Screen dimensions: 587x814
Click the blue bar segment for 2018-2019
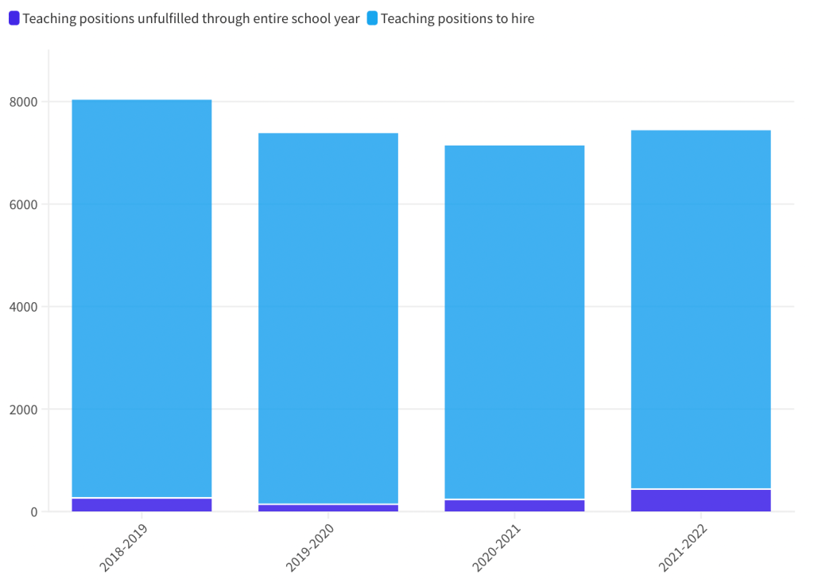click(141, 298)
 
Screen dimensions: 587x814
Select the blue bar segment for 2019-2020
click(328, 318)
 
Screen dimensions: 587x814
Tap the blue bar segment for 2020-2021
click(514, 322)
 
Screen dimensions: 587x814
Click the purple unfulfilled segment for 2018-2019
click(141, 505)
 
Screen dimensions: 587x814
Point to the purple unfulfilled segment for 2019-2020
click(328, 508)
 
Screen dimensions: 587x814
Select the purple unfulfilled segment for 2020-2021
click(514, 506)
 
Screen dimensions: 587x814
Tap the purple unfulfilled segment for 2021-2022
click(700, 500)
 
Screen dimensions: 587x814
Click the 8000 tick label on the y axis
click(23, 102)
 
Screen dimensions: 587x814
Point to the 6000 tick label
click(23, 204)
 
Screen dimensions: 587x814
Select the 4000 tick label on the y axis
click(23, 307)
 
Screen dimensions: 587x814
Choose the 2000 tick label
click(23, 410)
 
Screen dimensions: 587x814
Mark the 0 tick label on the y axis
click(33, 512)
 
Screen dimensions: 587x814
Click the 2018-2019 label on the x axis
click(123, 548)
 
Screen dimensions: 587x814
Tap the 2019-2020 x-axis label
click(310, 548)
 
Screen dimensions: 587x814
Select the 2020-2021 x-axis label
click(496, 548)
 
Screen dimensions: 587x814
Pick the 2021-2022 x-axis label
click(682, 548)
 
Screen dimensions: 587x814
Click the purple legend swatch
click(14, 18)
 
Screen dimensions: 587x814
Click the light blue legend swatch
click(372, 18)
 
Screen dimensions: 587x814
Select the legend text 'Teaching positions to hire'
click(457, 18)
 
